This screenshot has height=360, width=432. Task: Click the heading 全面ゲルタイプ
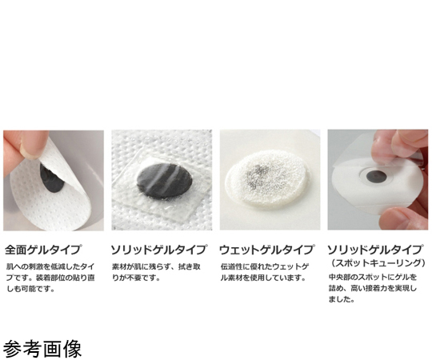43,250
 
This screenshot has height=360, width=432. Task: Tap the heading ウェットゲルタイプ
266,250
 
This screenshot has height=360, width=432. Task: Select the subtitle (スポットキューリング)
377,262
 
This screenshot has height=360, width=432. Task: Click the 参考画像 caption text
42,349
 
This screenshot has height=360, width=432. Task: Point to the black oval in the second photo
161,180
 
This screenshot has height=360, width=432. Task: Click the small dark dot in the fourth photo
376,175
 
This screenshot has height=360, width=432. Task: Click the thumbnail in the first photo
31,150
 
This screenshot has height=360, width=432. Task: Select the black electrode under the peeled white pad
52,179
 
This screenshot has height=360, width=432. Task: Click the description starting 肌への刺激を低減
50,278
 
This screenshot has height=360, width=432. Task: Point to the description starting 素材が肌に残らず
156,272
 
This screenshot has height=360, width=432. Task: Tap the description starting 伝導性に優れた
264,272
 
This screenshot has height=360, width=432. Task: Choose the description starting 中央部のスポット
373,288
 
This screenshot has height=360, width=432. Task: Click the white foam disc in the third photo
268,179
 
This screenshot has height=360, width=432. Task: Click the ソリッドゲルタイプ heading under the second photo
158,250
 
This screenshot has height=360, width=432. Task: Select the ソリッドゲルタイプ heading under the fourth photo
375,250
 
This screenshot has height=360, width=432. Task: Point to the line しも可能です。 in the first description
30,289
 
